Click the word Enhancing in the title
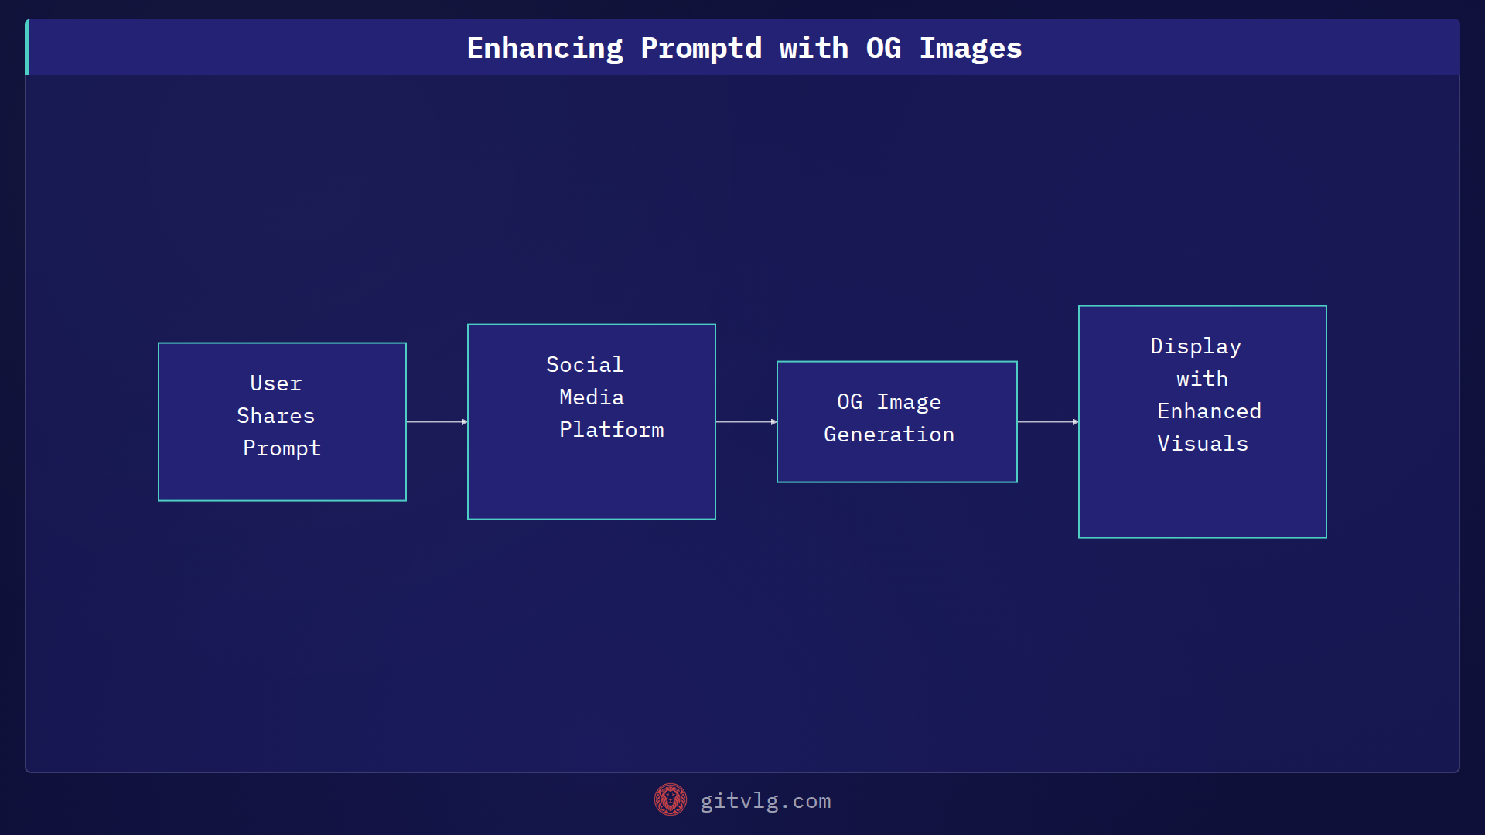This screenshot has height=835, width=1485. pyautogui.click(x=544, y=49)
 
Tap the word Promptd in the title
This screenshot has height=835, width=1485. pyautogui.click(x=701, y=49)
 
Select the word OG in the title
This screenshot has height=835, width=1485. pyautogui.click(x=883, y=49)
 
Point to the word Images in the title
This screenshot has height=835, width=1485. pyautogui.click(x=971, y=49)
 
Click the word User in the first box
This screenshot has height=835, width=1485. pyautogui.click(x=276, y=383)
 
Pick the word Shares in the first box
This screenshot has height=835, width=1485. pyautogui.click(x=276, y=416)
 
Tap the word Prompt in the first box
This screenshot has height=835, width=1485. pyautogui.click(x=282, y=448)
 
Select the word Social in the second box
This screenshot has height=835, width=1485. pyautogui.click(x=585, y=365)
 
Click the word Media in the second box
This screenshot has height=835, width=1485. pyautogui.click(x=592, y=397)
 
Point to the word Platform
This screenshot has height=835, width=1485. pyautogui.click(x=611, y=430)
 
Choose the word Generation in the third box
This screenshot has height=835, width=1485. pyautogui.click(x=889, y=435)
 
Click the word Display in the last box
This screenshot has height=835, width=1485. pyautogui.click(x=1196, y=346)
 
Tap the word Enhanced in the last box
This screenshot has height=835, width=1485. pyautogui.click(x=1209, y=411)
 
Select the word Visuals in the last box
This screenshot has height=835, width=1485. pyautogui.click(x=1203, y=444)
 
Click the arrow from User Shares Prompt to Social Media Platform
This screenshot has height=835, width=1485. pyautogui.click(x=437, y=422)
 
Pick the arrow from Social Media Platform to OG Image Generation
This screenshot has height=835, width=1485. pyautogui.click(x=746, y=422)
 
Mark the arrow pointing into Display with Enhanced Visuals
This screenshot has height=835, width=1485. pyautogui.click(x=1048, y=422)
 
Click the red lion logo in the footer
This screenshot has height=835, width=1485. pyautogui.click(x=671, y=800)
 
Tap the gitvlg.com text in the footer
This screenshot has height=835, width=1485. pyautogui.click(x=766, y=801)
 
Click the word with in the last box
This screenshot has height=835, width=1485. pyautogui.click(x=1202, y=379)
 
